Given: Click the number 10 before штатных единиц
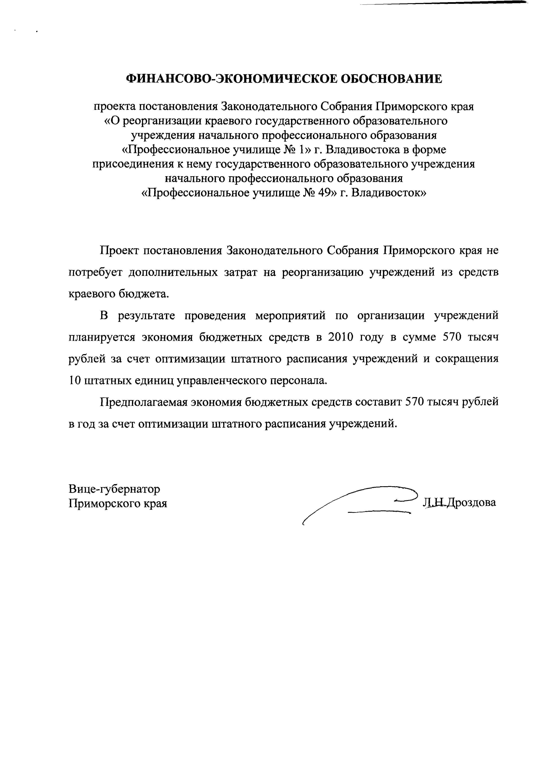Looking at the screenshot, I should click(x=75, y=380).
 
